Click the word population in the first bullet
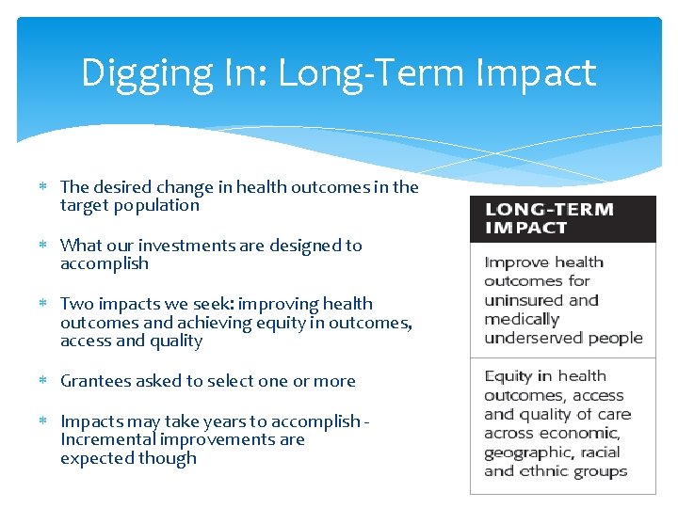157,205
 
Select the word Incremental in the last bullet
106,439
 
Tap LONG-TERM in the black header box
549,209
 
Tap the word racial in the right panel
602,452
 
